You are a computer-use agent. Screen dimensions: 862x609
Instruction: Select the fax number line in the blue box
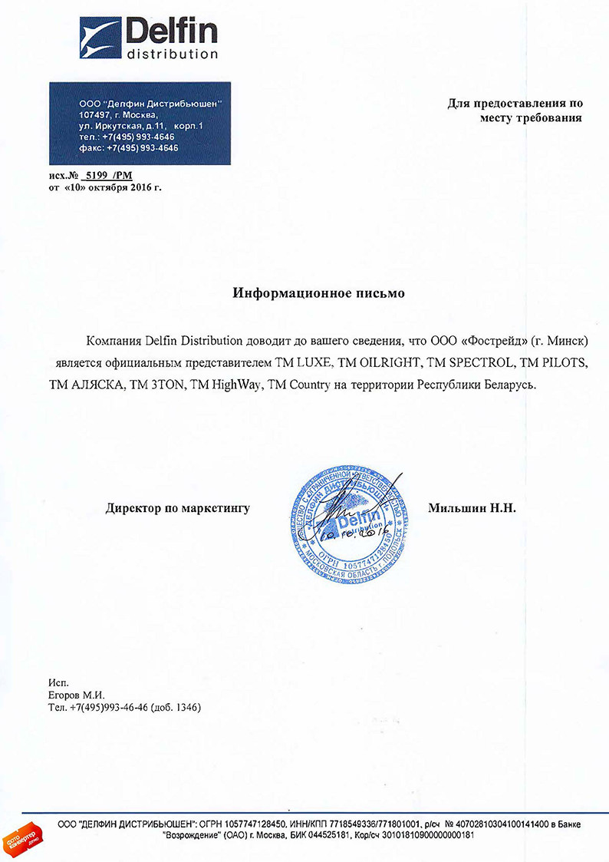pyautogui.click(x=128, y=148)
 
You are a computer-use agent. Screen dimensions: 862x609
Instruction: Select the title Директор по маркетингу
pyautogui.click(x=178, y=508)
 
